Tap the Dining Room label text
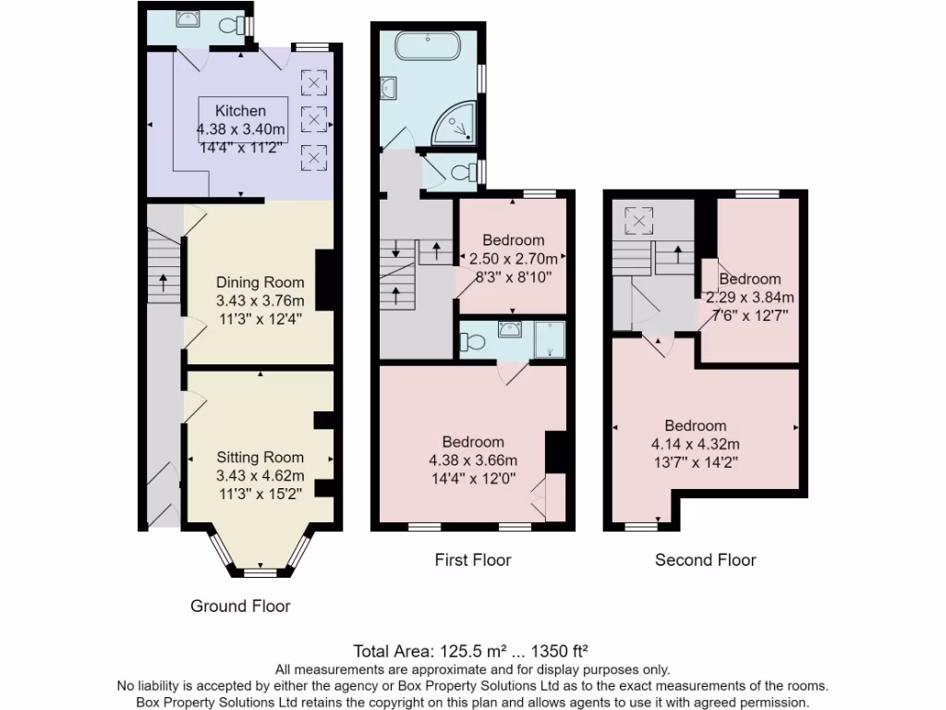(x=260, y=282)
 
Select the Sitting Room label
(x=260, y=457)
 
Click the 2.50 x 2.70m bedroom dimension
(x=513, y=258)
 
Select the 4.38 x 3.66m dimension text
(x=472, y=460)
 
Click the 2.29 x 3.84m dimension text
(x=750, y=298)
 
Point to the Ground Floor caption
(x=240, y=606)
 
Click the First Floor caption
(x=473, y=559)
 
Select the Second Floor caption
(x=705, y=559)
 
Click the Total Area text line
(x=472, y=650)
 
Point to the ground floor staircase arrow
(x=164, y=281)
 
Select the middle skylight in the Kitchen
(x=315, y=119)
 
